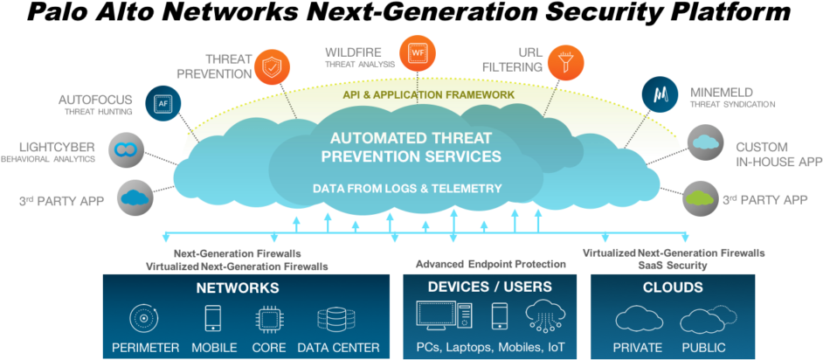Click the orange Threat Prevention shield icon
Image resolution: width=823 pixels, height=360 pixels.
[272, 66]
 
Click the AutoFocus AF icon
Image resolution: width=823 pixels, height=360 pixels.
[163, 102]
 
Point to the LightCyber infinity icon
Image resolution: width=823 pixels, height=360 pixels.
[127, 149]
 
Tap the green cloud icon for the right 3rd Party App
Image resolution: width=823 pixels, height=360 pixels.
[699, 197]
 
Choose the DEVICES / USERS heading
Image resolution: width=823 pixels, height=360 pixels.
[489, 287]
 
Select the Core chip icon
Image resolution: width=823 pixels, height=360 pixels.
[268, 318]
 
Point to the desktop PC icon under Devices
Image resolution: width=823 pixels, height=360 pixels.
[444, 315]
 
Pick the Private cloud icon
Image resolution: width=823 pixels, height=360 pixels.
[638, 319]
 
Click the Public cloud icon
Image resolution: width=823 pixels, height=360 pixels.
[704, 319]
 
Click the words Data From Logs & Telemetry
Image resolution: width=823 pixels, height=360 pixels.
[407, 188]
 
